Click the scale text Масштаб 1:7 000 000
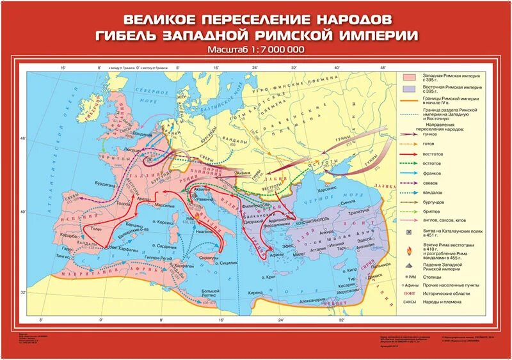(x=255, y=50)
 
